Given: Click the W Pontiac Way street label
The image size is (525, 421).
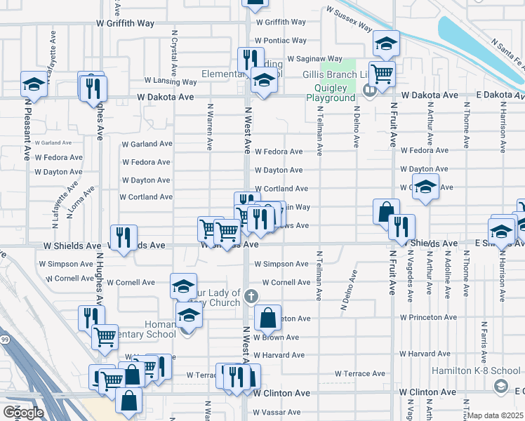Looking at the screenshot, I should [280, 41].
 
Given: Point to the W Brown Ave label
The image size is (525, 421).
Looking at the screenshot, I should [279, 337].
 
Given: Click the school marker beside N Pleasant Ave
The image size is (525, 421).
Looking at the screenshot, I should [33, 84].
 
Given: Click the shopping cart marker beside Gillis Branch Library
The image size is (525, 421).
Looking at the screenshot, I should [382, 73].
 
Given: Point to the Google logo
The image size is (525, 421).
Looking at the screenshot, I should [23, 412].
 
